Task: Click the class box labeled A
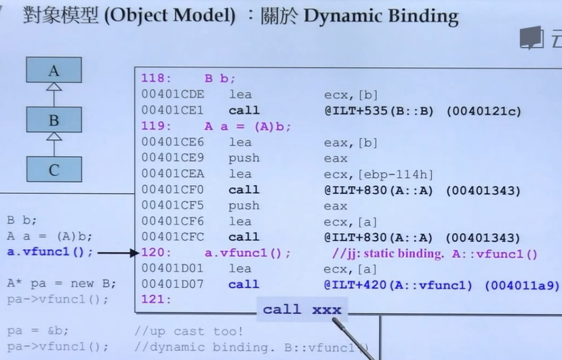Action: [54, 70]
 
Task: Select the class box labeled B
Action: [54, 120]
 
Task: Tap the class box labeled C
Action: [54, 169]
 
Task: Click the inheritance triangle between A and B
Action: [54, 87]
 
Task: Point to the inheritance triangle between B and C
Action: [54, 137]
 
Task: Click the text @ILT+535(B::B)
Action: [381, 111]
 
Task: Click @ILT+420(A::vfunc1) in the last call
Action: [400, 285]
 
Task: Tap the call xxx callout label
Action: [302, 310]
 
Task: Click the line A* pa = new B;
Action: [61, 283]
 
